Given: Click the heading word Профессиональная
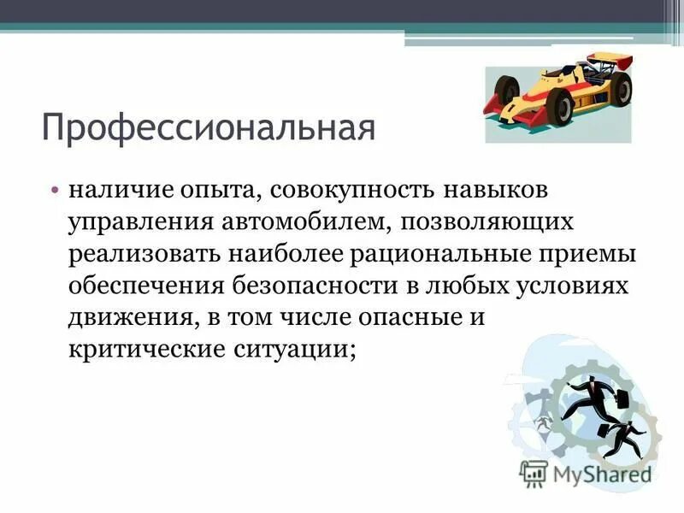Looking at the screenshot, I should coord(209,128).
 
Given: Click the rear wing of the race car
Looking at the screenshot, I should coord(612,62).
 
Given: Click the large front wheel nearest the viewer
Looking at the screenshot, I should coord(561,106).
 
